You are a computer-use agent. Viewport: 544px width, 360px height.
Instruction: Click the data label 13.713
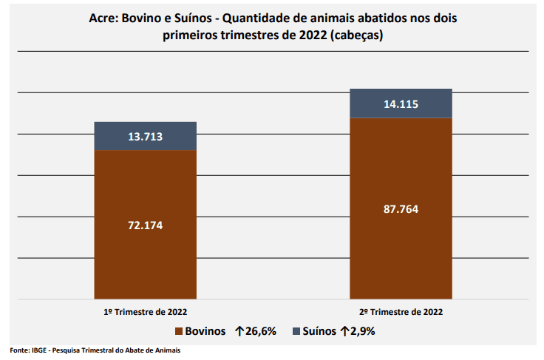coord(146,137)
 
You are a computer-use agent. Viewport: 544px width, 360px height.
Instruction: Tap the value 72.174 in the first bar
coord(146,225)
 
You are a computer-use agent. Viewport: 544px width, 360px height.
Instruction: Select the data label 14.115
coord(401,104)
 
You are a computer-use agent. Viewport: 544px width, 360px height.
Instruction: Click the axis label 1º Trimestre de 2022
coord(146,312)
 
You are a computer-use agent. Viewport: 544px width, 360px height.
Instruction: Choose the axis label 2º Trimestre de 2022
coord(401,312)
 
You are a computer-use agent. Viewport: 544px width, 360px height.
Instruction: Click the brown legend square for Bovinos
coord(178,331)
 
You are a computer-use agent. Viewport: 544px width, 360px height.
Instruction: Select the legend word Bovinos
coord(205,331)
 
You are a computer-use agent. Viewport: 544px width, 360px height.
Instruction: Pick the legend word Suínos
coord(317,331)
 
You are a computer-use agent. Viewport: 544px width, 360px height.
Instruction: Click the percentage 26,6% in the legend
coord(261,331)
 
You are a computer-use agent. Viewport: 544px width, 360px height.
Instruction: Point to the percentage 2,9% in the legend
coord(362,331)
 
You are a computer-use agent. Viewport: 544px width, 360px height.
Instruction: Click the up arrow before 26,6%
coord(238,331)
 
